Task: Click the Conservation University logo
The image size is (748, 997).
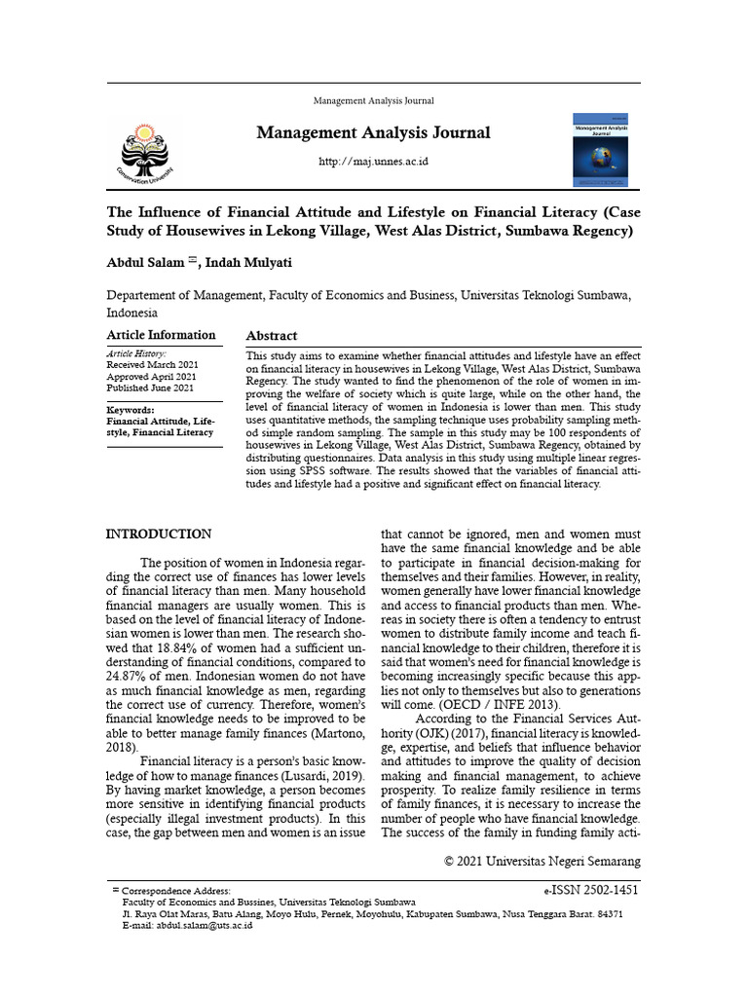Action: click(149, 151)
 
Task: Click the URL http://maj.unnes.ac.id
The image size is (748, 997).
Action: click(374, 161)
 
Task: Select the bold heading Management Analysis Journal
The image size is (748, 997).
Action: click(374, 132)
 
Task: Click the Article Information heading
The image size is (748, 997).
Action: click(161, 335)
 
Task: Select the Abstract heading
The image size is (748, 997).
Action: click(272, 336)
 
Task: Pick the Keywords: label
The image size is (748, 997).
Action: click(131, 411)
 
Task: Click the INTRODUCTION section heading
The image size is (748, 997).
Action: click(158, 535)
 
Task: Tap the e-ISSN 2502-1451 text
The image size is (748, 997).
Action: click(591, 890)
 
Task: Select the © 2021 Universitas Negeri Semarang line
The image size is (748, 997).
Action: click(542, 862)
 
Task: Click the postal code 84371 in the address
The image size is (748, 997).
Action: click(611, 914)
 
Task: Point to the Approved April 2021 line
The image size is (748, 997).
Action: click(151, 377)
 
